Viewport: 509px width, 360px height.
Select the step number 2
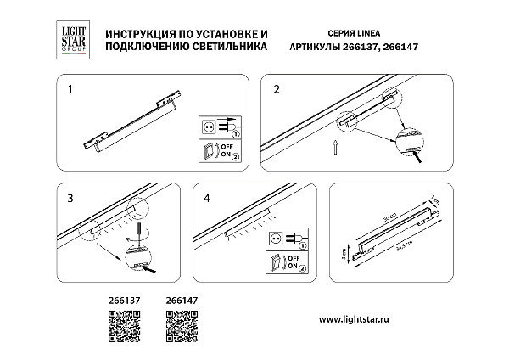276,87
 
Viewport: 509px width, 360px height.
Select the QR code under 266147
180,325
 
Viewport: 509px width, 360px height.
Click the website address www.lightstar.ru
359,318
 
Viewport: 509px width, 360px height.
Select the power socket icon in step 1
209,127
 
